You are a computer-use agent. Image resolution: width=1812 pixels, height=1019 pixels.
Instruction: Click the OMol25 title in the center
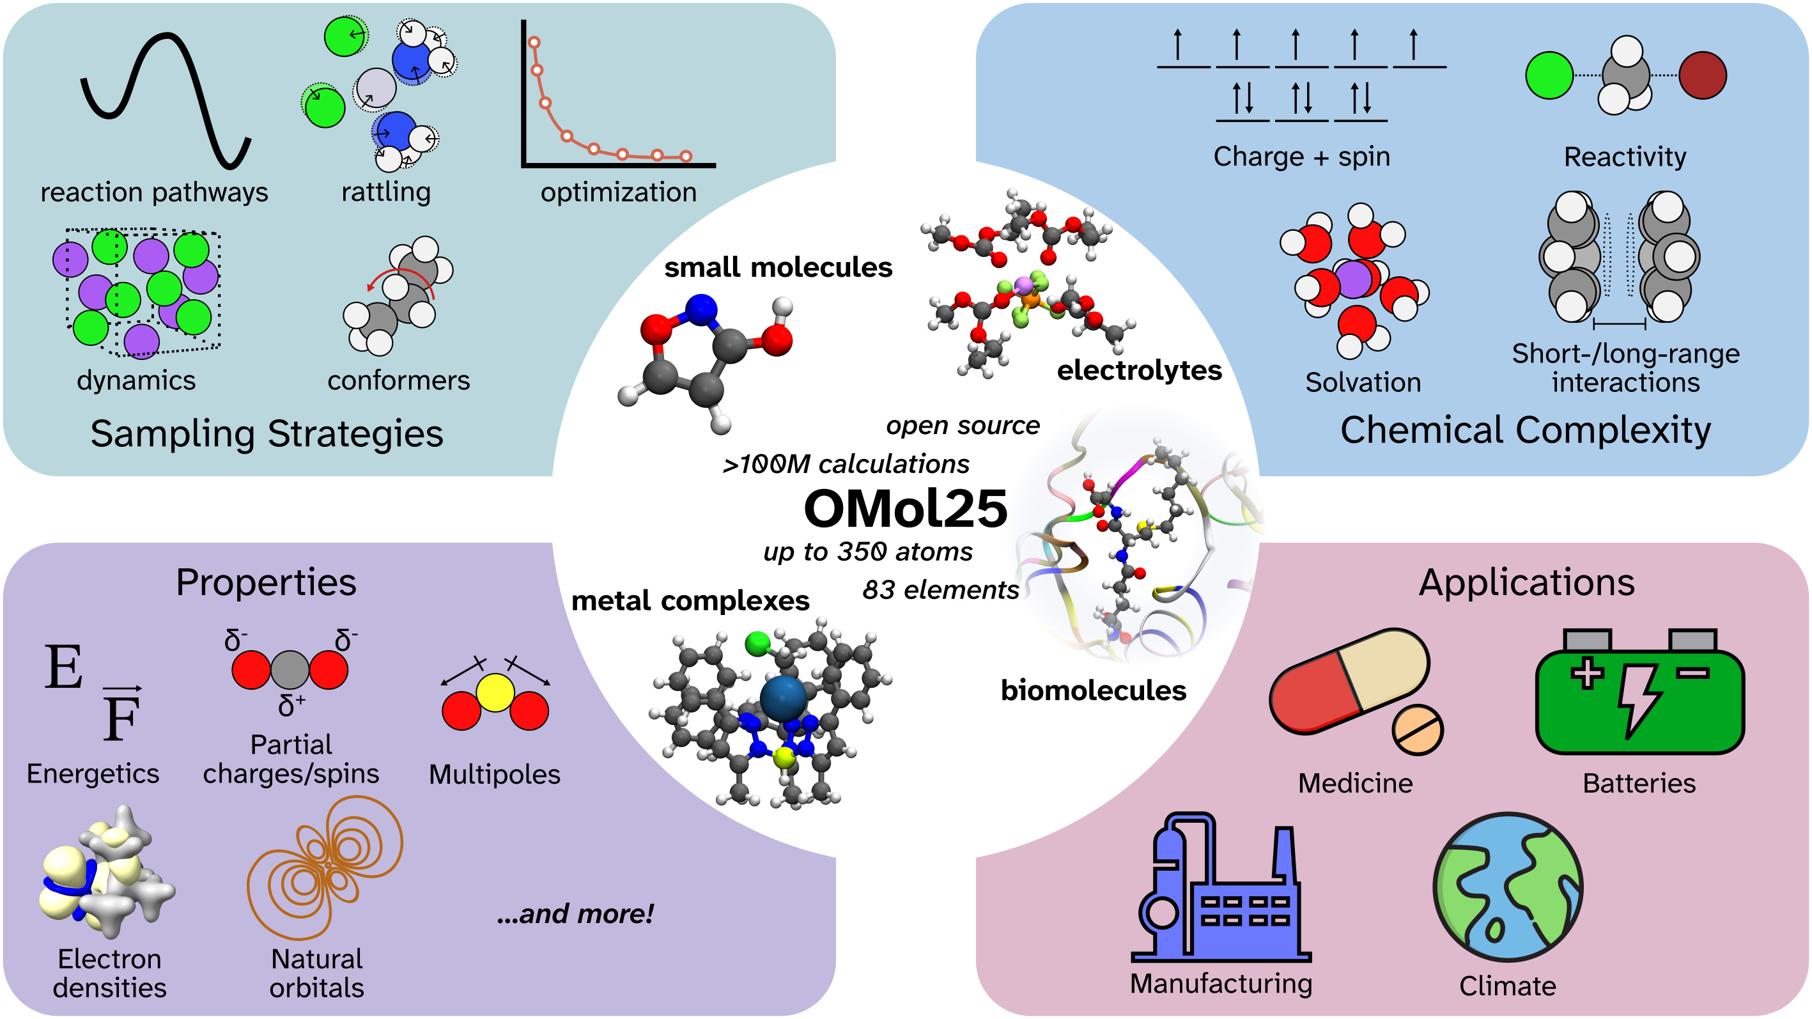coord(905,509)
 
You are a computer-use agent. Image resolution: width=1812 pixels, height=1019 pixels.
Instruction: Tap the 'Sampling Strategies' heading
coord(267,433)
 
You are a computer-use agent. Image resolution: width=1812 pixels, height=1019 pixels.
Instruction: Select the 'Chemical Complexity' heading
coord(1525,430)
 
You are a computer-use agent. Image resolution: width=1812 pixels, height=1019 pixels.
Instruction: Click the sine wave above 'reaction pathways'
coord(166,98)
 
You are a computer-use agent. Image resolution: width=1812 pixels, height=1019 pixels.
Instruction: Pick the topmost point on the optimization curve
coord(534,43)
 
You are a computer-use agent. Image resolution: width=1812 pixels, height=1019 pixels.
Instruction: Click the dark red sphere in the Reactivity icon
coord(1702,75)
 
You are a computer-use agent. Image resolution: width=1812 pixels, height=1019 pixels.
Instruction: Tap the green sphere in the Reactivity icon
coord(1549,75)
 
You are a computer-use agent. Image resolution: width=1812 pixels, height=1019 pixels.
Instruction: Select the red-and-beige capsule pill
coord(1349,681)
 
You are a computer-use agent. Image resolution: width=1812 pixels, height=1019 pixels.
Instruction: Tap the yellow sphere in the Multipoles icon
coord(495,692)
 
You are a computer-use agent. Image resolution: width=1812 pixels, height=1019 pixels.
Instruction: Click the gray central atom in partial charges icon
coord(290,669)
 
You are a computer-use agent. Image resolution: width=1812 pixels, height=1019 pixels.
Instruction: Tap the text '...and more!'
coord(575,914)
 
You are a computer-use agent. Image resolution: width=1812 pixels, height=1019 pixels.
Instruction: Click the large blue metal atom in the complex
coord(783,698)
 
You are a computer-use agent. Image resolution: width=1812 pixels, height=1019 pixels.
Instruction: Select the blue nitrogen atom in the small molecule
coord(701,310)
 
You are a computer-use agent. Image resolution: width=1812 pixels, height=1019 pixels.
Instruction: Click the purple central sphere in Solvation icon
coord(1353,279)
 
